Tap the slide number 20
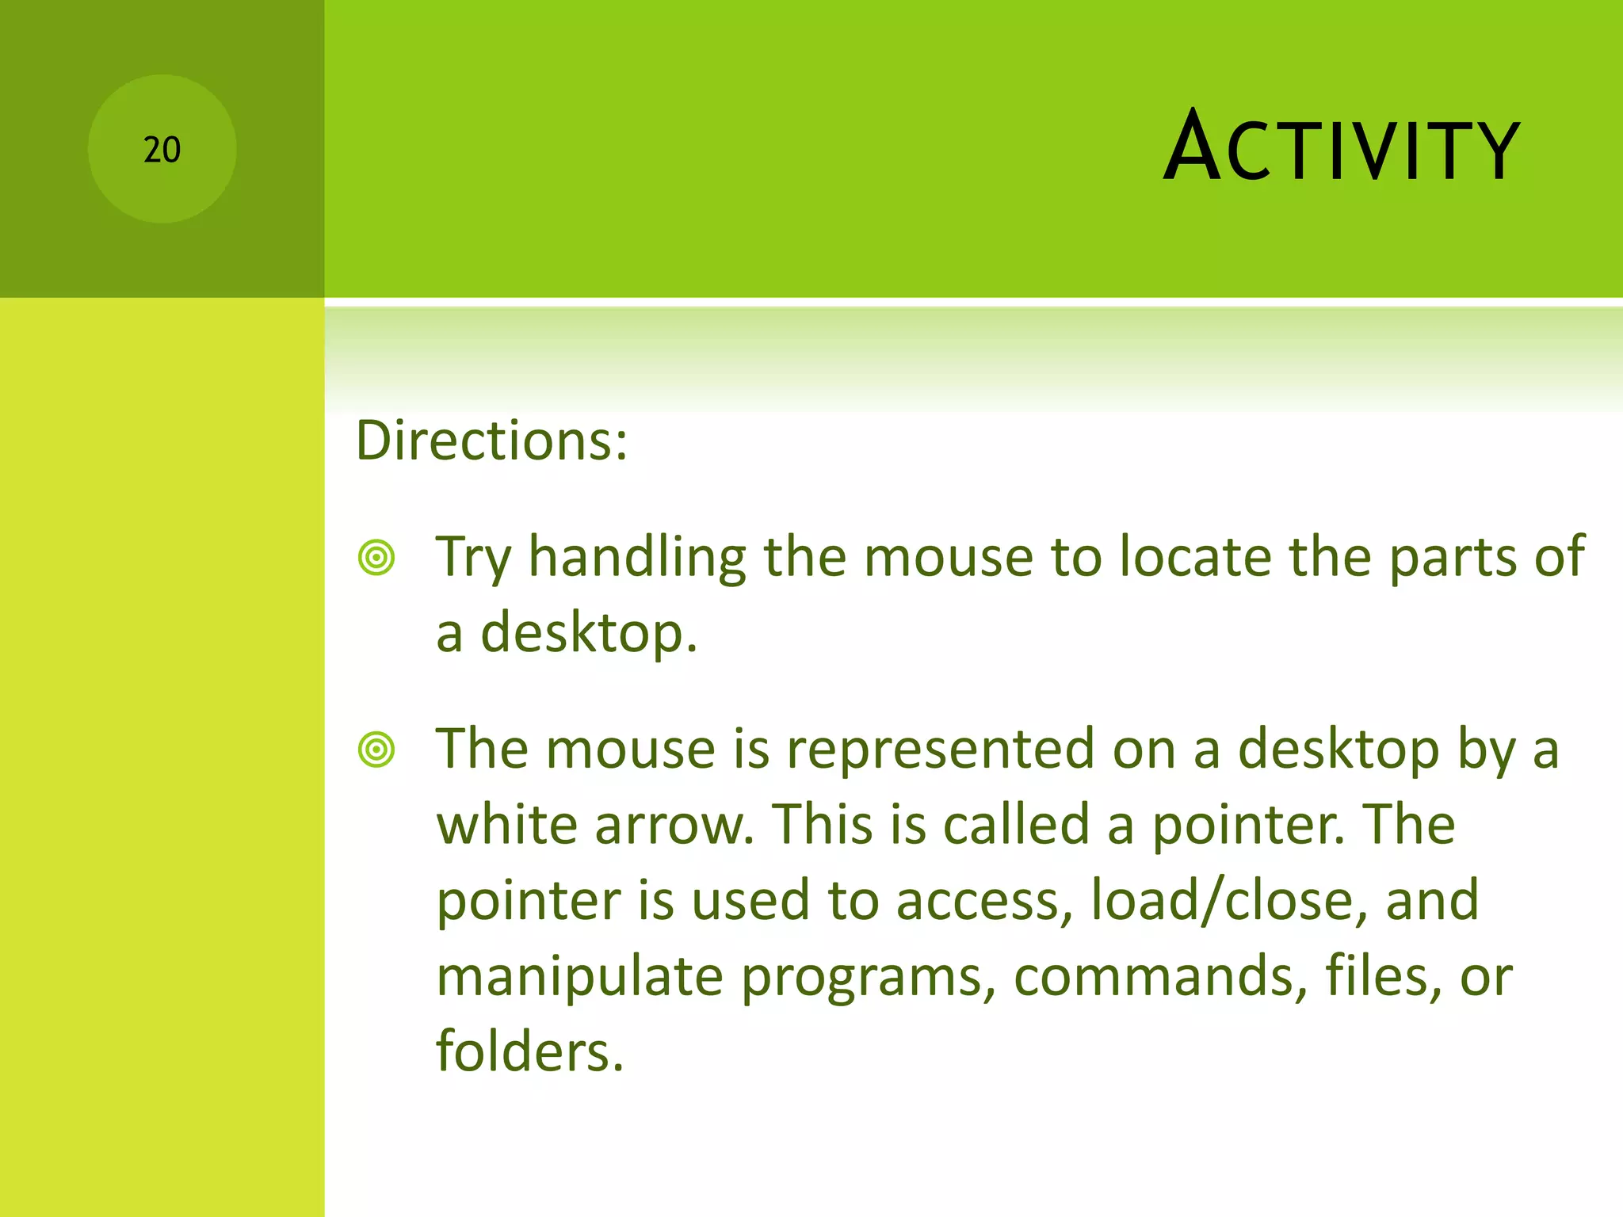pos(162,150)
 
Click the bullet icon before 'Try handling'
pos(376,557)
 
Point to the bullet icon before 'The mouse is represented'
pos(376,750)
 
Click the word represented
pos(941,750)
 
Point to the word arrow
pos(674,826)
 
